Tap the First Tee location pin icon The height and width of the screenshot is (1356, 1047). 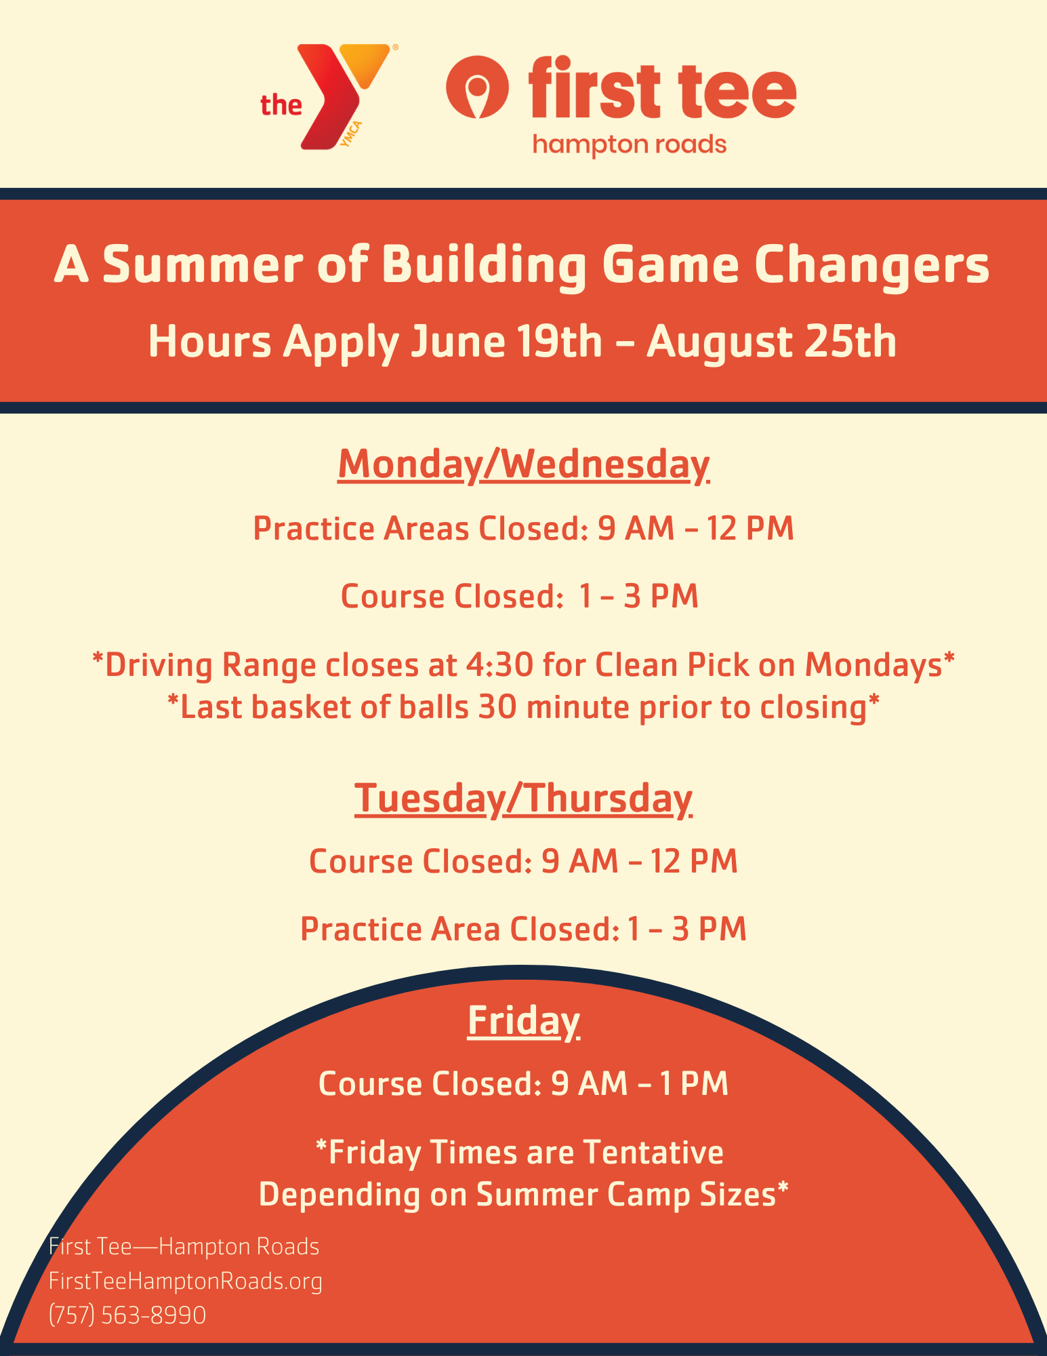coord(477,87)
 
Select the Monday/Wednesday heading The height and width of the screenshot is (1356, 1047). coord(524,465)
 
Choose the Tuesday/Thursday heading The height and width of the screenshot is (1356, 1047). coord(524,798)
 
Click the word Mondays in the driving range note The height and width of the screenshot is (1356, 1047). coord(876,665)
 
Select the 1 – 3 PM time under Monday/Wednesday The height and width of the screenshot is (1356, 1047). coord(639,597)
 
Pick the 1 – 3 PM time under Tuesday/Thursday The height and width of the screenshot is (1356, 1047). coord(687,929)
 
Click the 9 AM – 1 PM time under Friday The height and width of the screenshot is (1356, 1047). coord(640,1083)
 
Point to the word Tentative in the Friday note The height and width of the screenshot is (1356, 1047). coord(653,1152)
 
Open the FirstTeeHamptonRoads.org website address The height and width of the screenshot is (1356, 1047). coord(186,1281)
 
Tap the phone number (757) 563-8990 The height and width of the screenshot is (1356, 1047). coord(127,1315)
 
